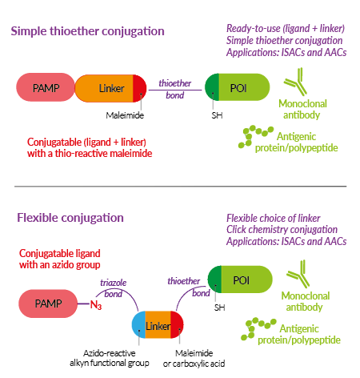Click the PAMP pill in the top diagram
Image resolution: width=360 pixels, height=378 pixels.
[46, 87]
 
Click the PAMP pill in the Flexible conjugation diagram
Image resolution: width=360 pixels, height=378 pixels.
[48, 304]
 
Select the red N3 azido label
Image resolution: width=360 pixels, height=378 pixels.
[96, 304]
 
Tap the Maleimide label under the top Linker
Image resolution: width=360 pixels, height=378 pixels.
[125, 115]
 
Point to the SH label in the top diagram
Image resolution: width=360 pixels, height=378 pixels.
[217, 115]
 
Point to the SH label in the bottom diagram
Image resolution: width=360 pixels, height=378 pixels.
[219, 308]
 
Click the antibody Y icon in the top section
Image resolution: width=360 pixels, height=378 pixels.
[296, 82]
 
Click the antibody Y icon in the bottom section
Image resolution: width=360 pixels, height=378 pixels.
[298, 274]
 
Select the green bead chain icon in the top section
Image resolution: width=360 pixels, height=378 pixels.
[255, 137]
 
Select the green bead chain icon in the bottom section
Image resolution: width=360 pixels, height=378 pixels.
[258, 329]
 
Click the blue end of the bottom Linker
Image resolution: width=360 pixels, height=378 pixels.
[138, 324]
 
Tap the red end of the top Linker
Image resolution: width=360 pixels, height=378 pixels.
[140, 88]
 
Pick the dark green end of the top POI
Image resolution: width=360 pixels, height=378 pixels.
[212, 87]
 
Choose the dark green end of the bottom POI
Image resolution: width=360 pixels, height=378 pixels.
[214, 279]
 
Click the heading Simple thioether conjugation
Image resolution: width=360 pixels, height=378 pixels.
[87, 31]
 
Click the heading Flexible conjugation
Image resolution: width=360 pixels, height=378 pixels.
[70, 218]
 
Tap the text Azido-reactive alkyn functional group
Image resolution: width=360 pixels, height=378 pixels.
[110, 358]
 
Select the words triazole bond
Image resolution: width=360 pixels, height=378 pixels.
[114, 288]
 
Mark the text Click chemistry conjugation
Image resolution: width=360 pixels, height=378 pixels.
[282, 230]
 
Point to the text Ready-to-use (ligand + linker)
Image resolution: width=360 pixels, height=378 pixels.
[286, 28]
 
